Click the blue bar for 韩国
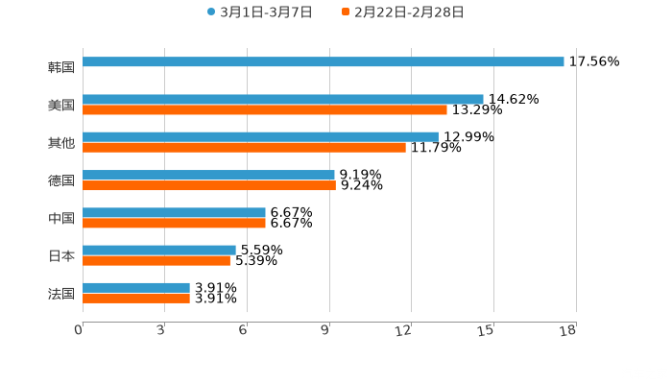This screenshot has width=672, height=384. click(324, 62)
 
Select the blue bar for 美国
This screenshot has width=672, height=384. click(283, 99)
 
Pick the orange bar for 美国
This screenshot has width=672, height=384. click(265, 109)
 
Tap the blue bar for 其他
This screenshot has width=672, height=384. click(260, 136)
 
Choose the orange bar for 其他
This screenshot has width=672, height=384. click(244, 147)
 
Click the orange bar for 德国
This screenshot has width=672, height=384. click(209, 185)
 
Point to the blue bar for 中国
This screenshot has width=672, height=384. click(174, 212)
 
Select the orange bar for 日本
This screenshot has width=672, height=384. click(156, 260)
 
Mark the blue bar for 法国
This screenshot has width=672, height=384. click(136, 287)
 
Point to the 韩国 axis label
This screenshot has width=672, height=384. click(61, 68)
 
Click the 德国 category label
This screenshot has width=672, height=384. click(61, 180)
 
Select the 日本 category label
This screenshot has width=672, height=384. click(61, 255)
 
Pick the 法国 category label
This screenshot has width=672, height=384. click(61, 293)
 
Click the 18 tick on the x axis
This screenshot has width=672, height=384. click(567, 330)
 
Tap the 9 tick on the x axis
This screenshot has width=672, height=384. click(327, 330)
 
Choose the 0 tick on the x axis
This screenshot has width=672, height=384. click(80, 330)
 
